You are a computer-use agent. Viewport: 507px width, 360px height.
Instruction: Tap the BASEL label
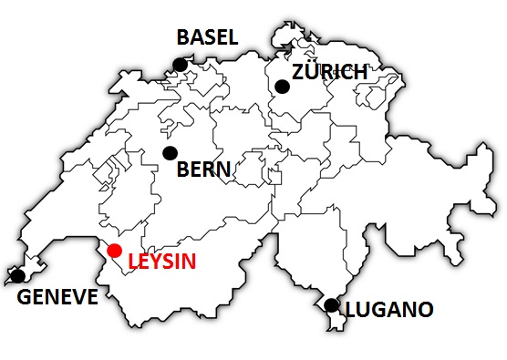207,37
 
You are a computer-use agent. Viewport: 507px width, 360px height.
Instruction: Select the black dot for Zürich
282,86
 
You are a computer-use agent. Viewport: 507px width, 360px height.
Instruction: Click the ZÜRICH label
329,71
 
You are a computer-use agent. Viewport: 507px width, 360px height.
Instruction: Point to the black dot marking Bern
169,152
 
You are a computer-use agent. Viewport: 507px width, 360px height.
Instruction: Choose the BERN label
203,170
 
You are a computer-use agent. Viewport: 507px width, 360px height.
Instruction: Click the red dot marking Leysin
114,251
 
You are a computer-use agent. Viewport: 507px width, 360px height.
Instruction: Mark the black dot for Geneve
17,275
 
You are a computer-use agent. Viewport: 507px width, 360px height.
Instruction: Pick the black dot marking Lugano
332,304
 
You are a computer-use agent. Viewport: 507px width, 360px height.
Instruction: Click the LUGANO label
388,310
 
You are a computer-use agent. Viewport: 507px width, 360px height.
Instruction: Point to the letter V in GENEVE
75,297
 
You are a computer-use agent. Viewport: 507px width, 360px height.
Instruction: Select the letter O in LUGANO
423,310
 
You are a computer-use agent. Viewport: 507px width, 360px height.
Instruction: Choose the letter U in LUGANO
364,310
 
